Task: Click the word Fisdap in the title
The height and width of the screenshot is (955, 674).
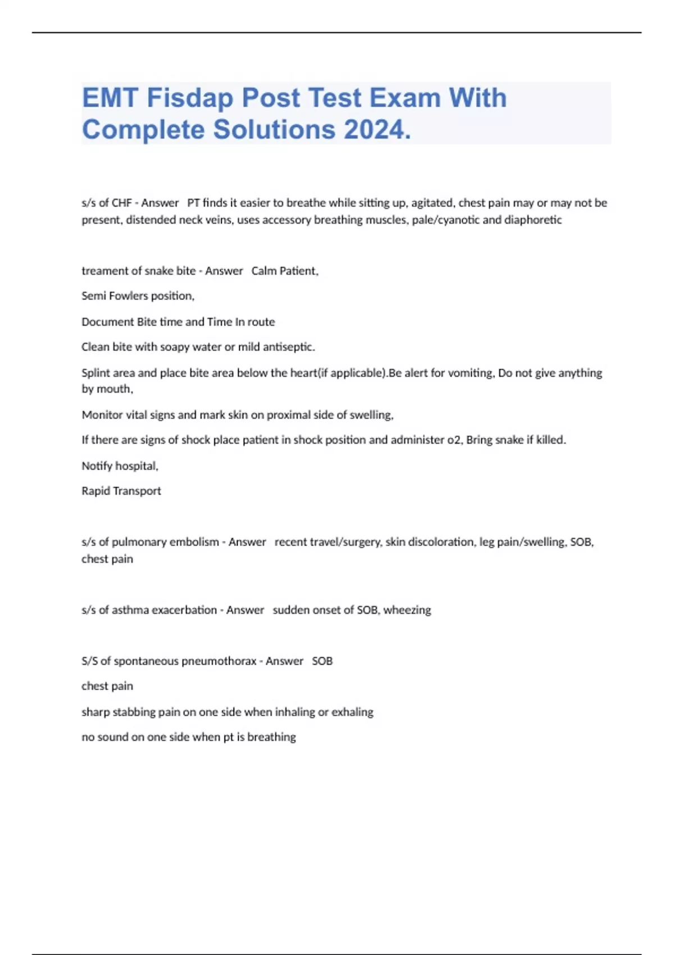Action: [190, 98]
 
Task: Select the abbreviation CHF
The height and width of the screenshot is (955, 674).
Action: [121, 203]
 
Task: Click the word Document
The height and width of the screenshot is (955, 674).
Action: [107, 322]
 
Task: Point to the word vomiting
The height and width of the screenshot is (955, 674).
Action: [471, 373]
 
